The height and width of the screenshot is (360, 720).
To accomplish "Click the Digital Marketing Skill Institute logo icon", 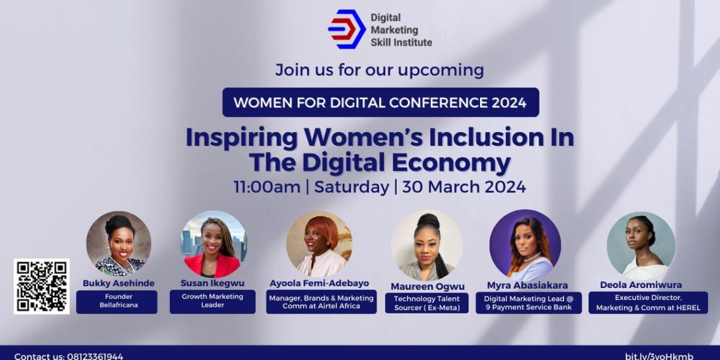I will [347, 29].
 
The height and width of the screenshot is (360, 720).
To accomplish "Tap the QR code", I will [42, 286].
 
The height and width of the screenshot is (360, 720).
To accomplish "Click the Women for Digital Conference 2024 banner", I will [380, 102].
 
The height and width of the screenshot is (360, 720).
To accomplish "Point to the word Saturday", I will [352, 187].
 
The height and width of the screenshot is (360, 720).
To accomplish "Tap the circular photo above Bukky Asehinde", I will [118, 244].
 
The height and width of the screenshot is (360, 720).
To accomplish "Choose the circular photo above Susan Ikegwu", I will [213, 244].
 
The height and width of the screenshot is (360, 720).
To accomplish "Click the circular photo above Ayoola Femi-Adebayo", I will [319, 244].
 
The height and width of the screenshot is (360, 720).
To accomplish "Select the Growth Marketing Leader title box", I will [212, 302].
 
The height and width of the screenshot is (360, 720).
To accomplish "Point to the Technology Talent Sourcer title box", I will [427, 303].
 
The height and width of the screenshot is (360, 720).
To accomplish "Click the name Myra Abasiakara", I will [527, 285].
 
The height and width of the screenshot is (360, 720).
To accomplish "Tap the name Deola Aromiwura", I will [640, 285].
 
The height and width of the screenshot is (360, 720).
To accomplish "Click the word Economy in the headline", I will [451, 162].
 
